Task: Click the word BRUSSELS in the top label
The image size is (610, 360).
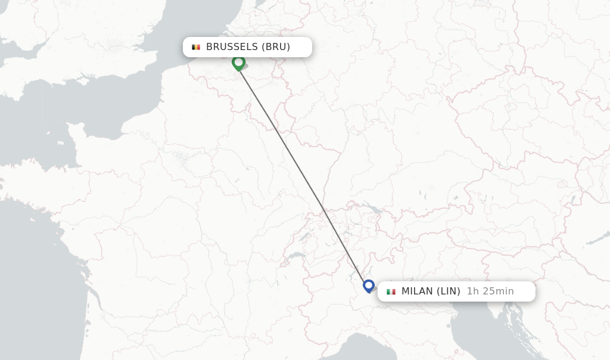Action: coord(232,47)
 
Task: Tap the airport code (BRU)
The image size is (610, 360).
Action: coord(276,47)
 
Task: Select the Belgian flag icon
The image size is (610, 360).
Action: coord(195,47)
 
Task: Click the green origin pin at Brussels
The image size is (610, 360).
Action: coord(238,62)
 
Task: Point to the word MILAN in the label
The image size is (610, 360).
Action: coord(417,291)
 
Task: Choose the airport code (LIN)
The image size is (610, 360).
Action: coord(448,291)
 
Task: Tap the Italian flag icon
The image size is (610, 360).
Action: coord(391,291)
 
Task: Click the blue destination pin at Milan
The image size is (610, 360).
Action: coord(369,286)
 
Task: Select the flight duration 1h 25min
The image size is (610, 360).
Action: coord(490,291)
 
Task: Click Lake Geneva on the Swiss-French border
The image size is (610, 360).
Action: coord(293,256)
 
